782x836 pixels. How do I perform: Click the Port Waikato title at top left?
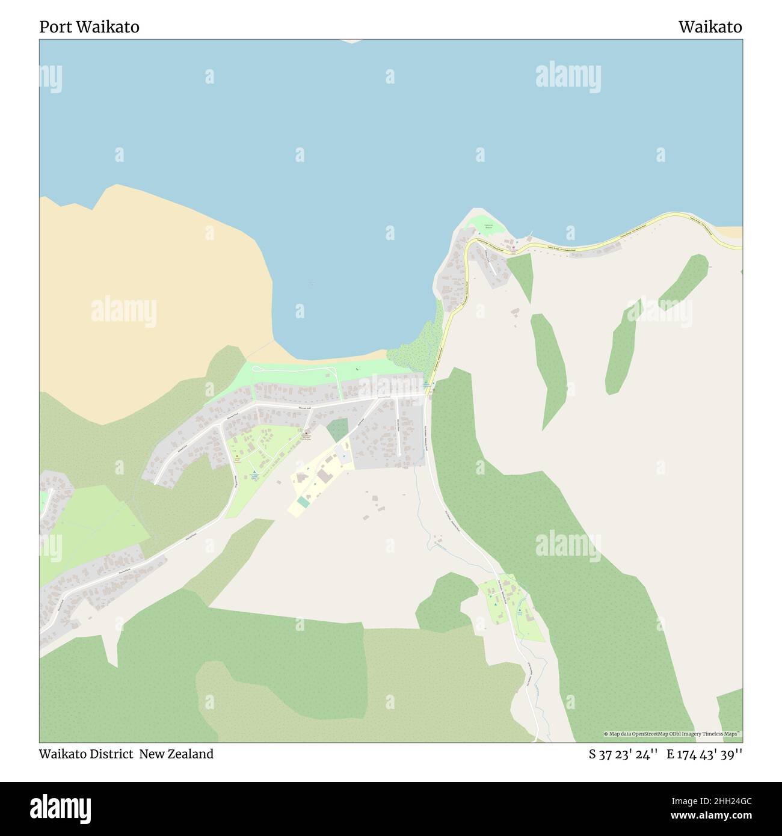click(89, 27)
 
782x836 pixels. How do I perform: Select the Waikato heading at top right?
click(710, 27)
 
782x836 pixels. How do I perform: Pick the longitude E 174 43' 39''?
click(704, 754)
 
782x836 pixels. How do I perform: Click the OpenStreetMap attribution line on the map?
click(673, 734)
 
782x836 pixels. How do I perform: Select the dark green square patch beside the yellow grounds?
click(337, 430)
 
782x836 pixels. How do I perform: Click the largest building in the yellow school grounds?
click(325, 476)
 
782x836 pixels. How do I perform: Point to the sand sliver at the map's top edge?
click(352, 41)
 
